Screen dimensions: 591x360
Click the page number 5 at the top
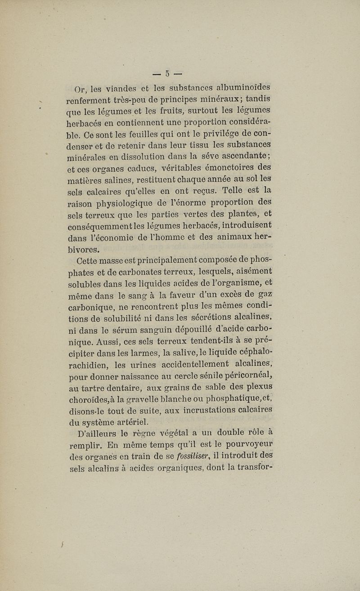(168, 73)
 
